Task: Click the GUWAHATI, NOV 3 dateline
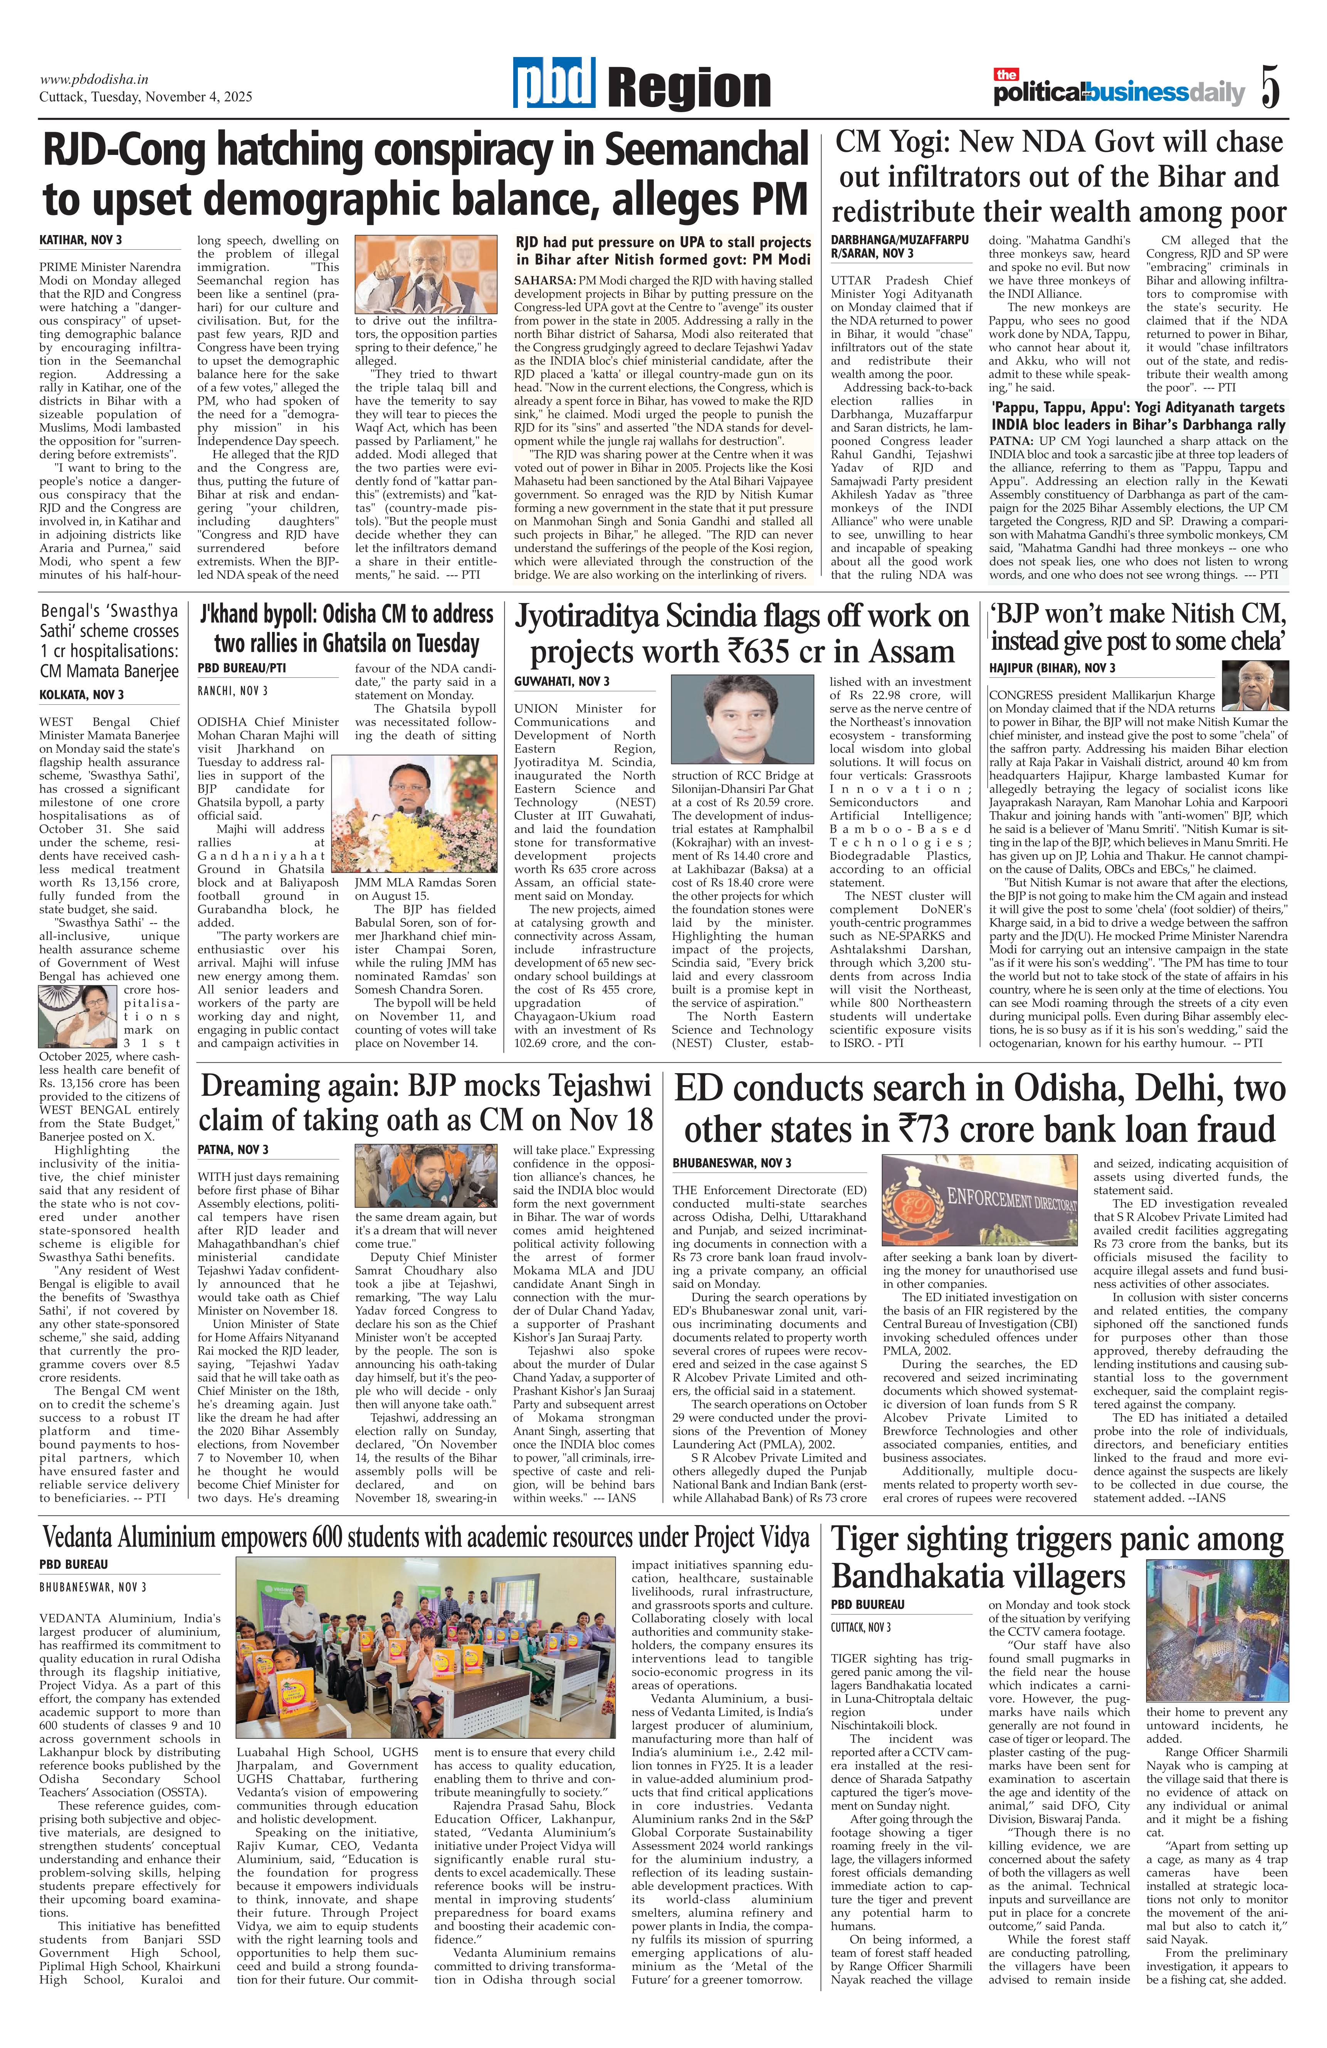point(562,682)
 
